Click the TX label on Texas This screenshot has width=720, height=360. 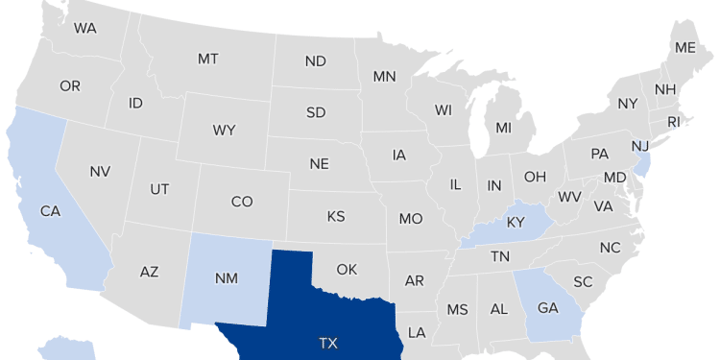(329, 342)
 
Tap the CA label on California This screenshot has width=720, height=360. (51, 210)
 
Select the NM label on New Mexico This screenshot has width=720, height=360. (227, 278)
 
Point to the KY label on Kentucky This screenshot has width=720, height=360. (516, 223)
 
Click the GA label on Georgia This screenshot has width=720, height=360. (548, 308)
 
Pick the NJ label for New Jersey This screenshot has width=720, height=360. (639, 145)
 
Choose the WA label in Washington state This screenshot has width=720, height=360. (85, 28)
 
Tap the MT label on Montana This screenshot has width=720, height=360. (208, 59)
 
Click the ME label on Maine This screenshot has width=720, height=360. (685, 47)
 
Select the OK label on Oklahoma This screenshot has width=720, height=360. (347, 269)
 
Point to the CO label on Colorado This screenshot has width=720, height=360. (242, 202)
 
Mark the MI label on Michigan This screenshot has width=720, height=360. (504, 128)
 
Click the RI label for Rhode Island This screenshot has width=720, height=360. (673, 122)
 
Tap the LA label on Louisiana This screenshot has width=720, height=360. (417, 333)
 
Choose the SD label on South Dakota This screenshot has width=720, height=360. (316, 112)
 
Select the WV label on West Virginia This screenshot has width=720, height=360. (569, 197)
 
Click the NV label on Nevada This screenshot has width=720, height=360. (101, 171)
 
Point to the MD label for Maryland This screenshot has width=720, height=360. (615, 178)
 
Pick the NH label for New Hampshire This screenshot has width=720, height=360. (664, 89)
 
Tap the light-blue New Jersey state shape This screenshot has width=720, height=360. (642, 164)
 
